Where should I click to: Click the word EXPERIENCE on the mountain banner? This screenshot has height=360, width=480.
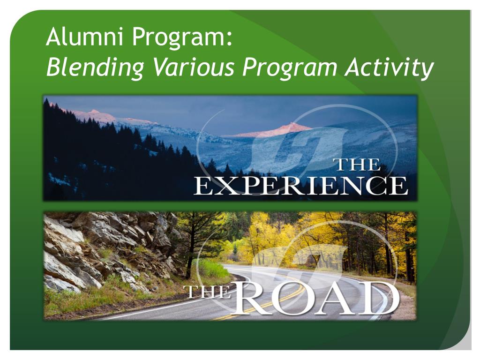coord(300,187)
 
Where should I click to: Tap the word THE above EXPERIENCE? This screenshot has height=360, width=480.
coord(356,165)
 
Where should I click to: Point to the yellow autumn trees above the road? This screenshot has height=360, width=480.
coord(281,234)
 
